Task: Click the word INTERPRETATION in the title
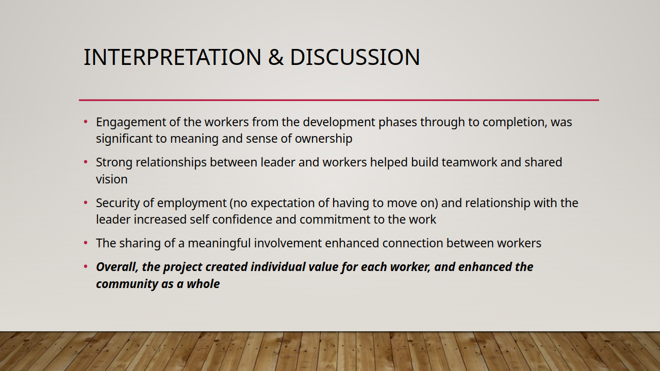coord(173,57)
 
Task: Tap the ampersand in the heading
coord(276,57)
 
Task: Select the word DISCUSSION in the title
coord(355,57)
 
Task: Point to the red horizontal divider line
coord(339,100)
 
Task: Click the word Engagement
coord(131,123)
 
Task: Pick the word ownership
coord(323,139)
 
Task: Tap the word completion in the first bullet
coord(515,123)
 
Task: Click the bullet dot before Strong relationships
coord(86,162)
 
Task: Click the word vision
coord(112,179)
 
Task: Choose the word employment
coord(192,204)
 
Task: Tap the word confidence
coord(254,220)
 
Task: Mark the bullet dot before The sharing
coord(86,243)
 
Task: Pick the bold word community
coord(127,284)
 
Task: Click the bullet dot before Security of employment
coord(86,203)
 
